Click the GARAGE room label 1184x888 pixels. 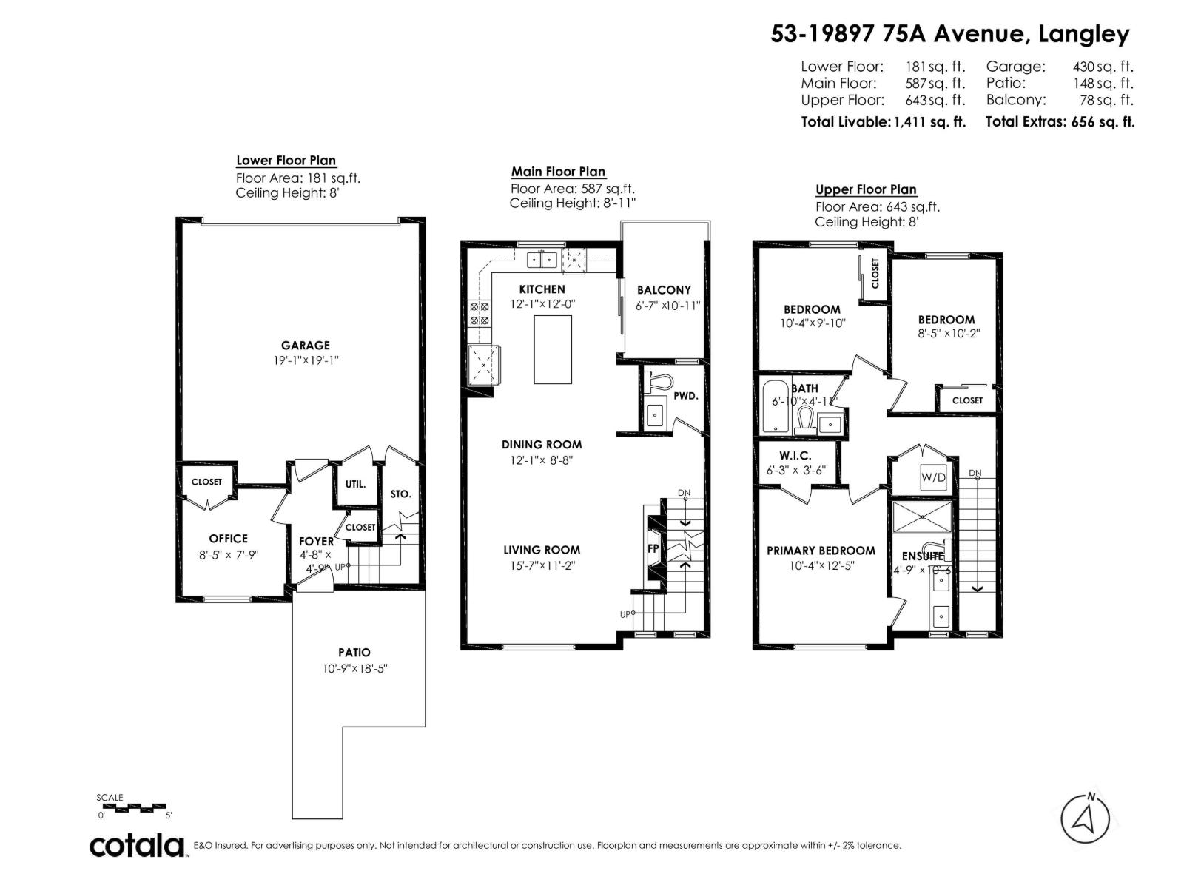coord(305,345)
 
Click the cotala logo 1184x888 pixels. coord(137,845)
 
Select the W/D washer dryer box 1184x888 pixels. coord(933,477)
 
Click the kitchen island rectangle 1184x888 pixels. coord(553,349)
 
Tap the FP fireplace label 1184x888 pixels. coord(653,548)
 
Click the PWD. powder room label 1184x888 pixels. coord(685,396)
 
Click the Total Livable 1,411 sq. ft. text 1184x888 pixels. coord(883,122)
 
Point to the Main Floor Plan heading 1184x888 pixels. coord(558,172)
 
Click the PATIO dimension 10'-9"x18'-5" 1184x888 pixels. coord(355,668)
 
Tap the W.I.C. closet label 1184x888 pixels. coord(795,456)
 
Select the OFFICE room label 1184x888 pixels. coord(228,538)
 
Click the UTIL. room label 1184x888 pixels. coord(355,484)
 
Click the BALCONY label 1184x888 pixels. coord(663,290)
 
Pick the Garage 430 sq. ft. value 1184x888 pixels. coord(1103,67)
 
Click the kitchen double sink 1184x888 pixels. coord(542,260)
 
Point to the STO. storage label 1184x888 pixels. coord(400,494)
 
